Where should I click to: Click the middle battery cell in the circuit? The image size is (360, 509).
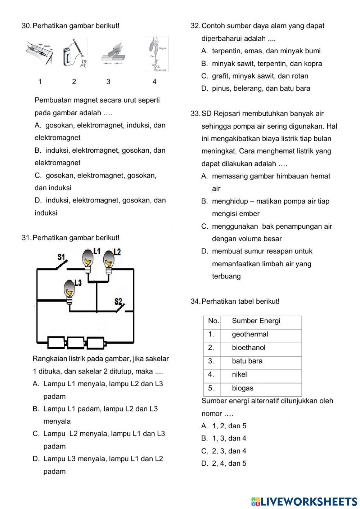[x=76, y=343]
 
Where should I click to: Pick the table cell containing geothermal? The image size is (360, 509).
[x=261, y=334]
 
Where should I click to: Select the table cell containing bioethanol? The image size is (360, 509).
[x=261, y=348]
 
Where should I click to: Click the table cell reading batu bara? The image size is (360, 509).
[x=261, y=361]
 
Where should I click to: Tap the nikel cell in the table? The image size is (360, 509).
[x=261, y=375]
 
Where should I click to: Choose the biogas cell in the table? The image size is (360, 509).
[x=261, y=388]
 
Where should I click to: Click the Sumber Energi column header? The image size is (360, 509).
[x=261, y=321]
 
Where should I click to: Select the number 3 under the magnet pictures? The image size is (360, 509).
[x=108, y=82]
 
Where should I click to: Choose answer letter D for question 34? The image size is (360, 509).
[x=204, y=464]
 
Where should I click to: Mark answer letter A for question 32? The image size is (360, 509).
[x=204, y=51]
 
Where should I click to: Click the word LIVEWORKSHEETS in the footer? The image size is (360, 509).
[x=309, y=501]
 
